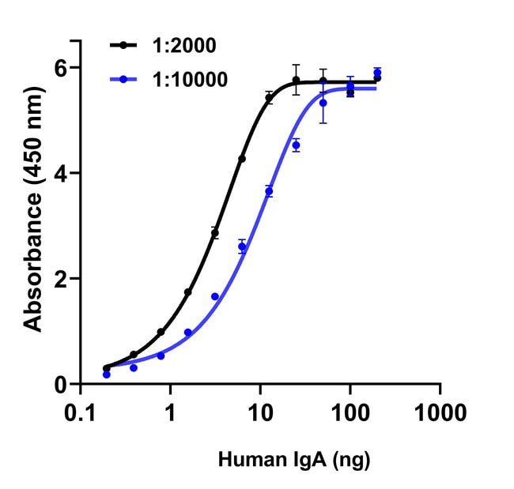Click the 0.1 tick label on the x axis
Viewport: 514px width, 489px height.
pyautogui.click(x=80, y=412)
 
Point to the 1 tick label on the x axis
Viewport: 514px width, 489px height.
pyautogui.click(x=170, y=412)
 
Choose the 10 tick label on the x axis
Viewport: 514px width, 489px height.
pyautogui.click(x=259, y=412)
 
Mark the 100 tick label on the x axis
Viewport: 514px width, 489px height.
pyautogui.click(x=350, y=412)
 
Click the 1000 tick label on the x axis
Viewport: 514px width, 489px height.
pyautogui.click(x=440, y=412)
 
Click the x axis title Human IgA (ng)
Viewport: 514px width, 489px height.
pyautogui.click(x=294, y=459)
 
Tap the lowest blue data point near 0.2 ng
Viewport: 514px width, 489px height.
pyautogui.click(x=107, y=374)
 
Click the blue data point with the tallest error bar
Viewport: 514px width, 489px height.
pyautogui.click(x=323, y=103)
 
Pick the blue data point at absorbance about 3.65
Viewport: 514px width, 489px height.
pyautogui.click(x=269, y=191)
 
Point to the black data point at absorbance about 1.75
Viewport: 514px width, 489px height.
pyautogui.click(x=188, y=292)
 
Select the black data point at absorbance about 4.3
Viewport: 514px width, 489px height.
pyautogui.click(x=242, y=159)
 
